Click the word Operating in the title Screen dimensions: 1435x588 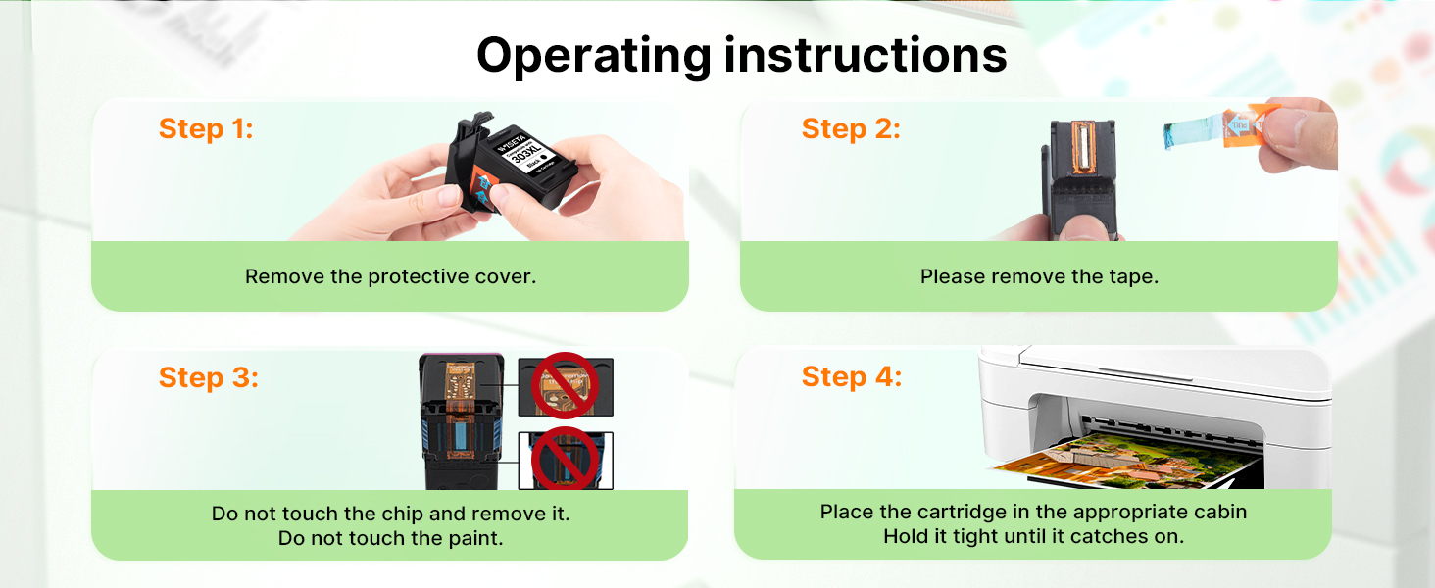pyautogui.click(x=594, y=57)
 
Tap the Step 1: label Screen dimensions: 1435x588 pyautogui.click(x=206, y=128)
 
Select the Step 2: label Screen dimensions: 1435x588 pyautogui.click(x=851, y=128)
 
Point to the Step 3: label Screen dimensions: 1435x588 pyautogui.click(x=208, y=377)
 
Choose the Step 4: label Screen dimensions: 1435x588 pyautogui.click(x=852, y=376)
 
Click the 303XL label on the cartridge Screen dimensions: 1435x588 pyautogui.click(x=526, y=149)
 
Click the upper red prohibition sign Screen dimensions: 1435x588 pyautogui.click(x=565, y=385)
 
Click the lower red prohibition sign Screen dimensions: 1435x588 pyautogui.click(x=565, y=459)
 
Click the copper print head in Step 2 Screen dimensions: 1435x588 pyautogui.click(x=1080, y=146)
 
